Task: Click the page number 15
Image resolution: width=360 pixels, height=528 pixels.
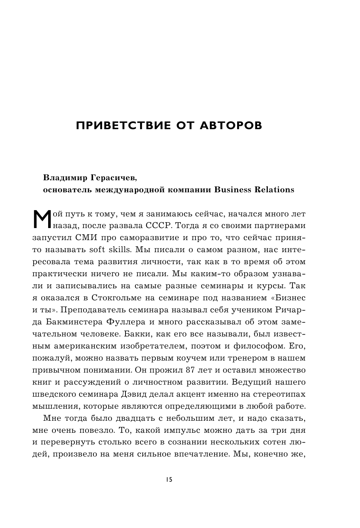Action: pos(169,480)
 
